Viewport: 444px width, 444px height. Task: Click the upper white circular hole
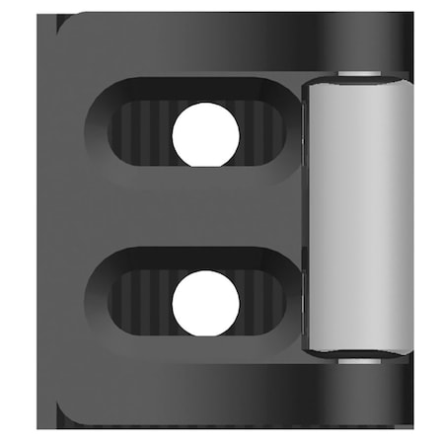205,133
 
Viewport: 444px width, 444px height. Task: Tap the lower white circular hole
205,303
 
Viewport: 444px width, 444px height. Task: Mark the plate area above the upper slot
187,49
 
